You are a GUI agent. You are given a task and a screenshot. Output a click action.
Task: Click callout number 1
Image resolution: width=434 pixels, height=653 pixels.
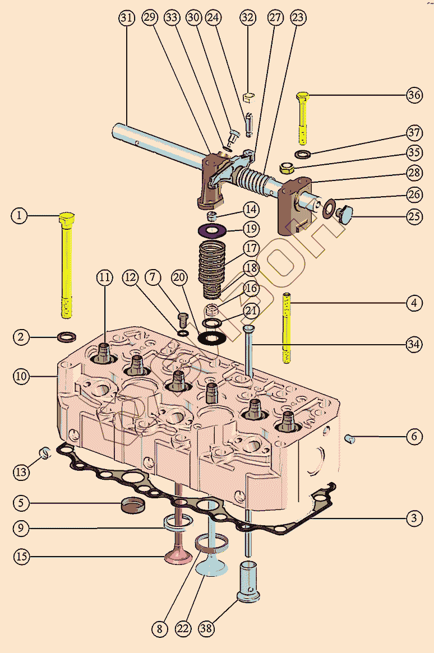(x=20, y=215)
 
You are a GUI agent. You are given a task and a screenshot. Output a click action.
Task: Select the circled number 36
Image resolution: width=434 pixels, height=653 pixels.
(x=414, y=95)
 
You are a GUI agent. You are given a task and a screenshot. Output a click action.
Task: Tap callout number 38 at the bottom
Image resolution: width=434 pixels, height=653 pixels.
(x=206, y=628)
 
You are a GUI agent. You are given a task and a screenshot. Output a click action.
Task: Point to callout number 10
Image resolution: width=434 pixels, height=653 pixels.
(x=21, y=376)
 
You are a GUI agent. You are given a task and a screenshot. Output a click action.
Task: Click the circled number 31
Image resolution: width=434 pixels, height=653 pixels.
(x=127, y=18)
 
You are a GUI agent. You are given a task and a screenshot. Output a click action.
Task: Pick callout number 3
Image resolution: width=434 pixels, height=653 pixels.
(x=414, y=518)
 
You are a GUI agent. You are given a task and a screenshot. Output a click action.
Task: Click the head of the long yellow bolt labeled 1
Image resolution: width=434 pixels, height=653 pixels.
(x=67, y=219)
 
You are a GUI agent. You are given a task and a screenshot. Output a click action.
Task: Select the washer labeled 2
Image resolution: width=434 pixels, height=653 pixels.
(x=67, y=337)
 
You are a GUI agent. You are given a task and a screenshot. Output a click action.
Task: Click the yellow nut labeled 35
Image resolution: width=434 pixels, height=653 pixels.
(x=288, y=167)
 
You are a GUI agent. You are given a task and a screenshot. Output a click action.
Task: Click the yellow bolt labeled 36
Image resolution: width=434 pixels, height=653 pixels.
(x=302, y=118)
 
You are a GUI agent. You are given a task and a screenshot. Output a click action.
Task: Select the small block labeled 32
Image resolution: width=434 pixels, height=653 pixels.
(x=250, y=100)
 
